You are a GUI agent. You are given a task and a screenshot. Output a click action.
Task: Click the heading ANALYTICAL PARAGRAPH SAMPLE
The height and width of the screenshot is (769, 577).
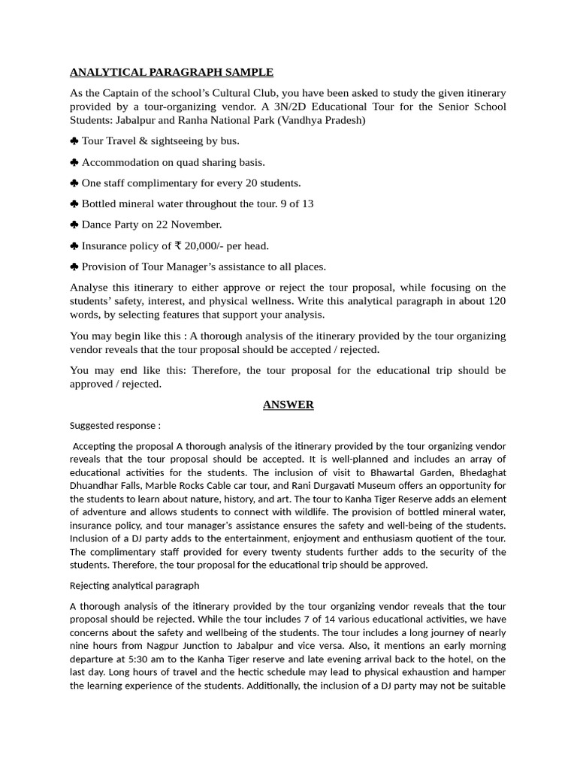(x=171, y=72)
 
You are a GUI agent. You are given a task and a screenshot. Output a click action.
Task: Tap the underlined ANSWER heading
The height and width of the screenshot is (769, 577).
(x=288, y=405)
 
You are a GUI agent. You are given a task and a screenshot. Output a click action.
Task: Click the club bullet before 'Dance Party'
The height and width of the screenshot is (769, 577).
(x=74, y=225)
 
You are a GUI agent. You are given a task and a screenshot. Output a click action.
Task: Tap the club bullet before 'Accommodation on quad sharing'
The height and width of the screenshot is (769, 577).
(x=74, y=162)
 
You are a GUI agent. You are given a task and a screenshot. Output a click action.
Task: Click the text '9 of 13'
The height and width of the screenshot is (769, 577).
(x=297, y=204)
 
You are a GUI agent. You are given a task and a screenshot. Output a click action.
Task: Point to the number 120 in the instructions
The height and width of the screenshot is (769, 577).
(x=496, y=301)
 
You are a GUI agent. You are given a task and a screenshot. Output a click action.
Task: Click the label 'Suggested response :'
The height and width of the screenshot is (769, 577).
(x=115, y=426)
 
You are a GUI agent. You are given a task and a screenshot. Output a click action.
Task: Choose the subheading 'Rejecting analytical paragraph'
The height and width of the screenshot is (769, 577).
(x=134, y=586)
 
